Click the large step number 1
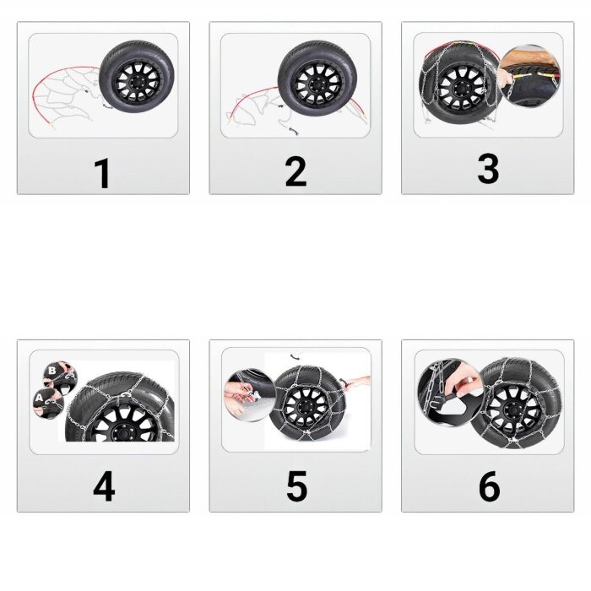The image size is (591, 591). [x=102, y=173]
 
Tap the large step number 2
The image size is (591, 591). [x=295, y=172]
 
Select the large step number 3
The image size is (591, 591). [x=488, y=168]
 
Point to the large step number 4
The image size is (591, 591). [x=104, y=486]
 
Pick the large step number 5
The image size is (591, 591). [x=296, y=486]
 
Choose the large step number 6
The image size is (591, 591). [x=489, y=486]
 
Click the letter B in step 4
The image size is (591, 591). [x=52, y=371]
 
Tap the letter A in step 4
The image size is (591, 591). [x=40, y=398]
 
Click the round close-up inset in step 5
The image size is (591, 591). [x=248, y=394]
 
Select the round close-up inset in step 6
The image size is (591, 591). [x=448, y=392]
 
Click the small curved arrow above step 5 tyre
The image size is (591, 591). [x=295, y=356]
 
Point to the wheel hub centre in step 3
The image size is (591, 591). [x=459, y=89]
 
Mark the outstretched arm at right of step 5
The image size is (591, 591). [x=356, y=382]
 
